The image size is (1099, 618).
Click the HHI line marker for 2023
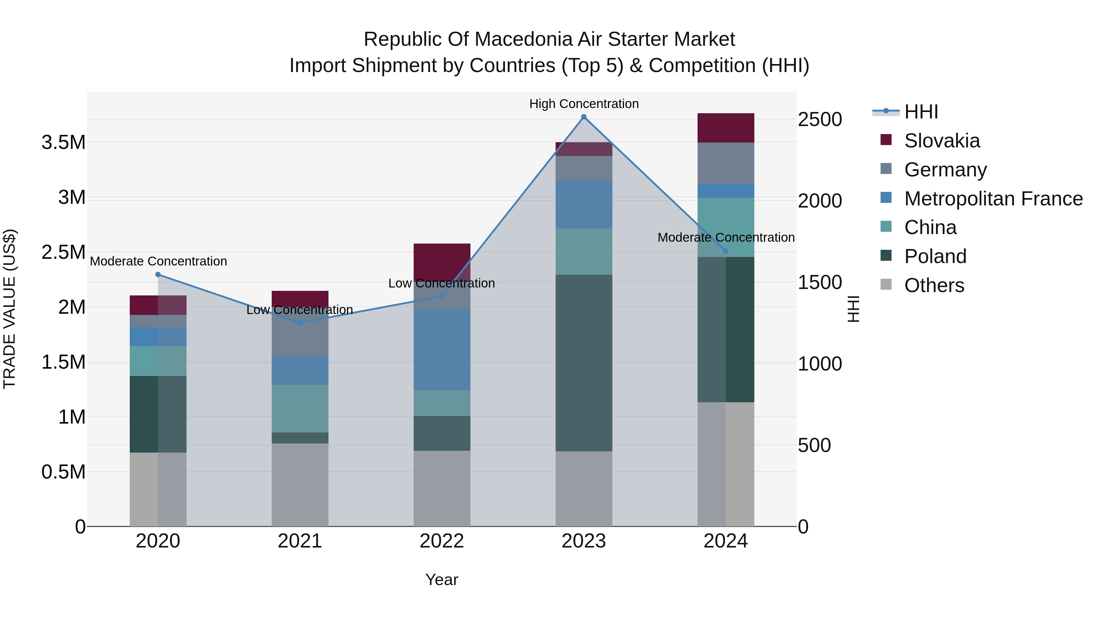click(584, 117)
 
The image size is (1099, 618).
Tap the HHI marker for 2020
click(158, 275)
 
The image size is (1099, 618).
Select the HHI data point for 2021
click(300, 323)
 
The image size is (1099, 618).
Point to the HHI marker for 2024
click(726, 251)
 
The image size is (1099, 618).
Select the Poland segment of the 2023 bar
click(584, 363)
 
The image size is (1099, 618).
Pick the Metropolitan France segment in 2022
click(442, 350)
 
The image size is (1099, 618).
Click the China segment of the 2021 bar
click(300, 409)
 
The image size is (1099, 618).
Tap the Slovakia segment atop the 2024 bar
click(726, 128)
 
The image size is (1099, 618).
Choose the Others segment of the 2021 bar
click(300, 485)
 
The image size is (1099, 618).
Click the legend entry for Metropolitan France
click(993, 199)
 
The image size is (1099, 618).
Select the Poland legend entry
click(935, 256)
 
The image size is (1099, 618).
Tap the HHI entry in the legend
click(921, 112)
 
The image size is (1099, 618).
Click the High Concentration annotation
click(584, 104)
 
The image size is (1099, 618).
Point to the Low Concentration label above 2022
click(441, 283)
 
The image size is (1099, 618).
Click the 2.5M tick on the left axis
click(63, 252)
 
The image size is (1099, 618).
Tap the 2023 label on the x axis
click(584, 541)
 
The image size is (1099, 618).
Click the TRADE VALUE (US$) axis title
click(9, 309)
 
